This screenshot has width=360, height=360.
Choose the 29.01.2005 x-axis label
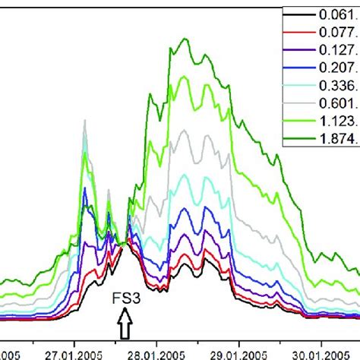point(238,352)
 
